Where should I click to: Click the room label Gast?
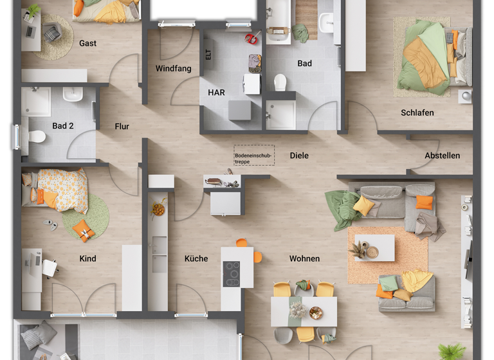click(x=88, y=43)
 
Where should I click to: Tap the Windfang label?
click(x=173, y=68)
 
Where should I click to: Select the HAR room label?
click(x=216, y=93)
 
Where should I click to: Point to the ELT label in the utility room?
click(x=208, y=55)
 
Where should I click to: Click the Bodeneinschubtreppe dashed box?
click(x=253, y=155)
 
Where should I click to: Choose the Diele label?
click(x=299, y=156)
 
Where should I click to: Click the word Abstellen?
click(x=442, y=156)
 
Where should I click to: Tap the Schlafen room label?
click(x=417, y=113)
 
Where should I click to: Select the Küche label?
click(x=196, y=258)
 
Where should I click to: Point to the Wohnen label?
click(x=304, y=258)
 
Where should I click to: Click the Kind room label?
click(x=87, y=258)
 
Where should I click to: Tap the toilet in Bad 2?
click(x=37, y=136)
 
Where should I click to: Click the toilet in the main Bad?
click(x=280, y=82)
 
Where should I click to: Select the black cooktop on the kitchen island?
click(x=232, y=274)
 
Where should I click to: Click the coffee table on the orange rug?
click(x=374, y=248)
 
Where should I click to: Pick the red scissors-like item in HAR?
click(x=251, y=39)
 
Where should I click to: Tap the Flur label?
click(x=122, y=127)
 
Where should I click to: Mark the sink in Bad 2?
click(x=73, y=94)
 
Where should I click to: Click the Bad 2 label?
click(x=63, y=126)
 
